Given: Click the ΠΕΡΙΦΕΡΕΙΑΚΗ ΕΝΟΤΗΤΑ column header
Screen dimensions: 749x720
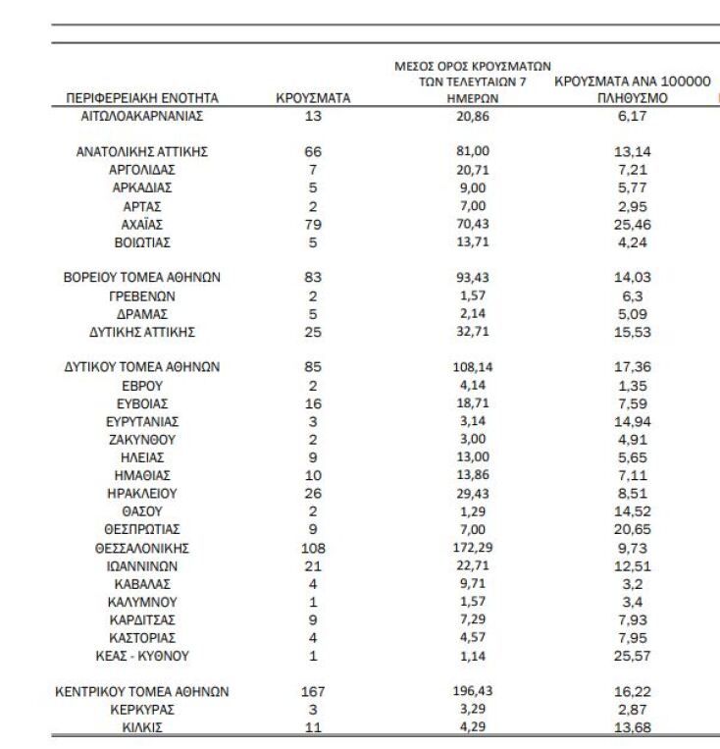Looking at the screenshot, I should coord(142,98).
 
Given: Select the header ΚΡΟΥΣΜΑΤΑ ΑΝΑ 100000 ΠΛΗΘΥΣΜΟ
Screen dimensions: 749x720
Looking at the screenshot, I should coord(632,90).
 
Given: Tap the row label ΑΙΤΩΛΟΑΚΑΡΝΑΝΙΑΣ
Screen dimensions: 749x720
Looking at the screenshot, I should coord(142,116).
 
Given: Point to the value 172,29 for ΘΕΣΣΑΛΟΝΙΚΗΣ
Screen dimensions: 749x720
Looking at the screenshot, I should coord(467,548).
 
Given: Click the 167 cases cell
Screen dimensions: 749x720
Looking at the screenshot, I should coord(313,691).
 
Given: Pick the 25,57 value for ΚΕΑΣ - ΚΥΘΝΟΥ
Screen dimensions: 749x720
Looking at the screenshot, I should coord(632,655).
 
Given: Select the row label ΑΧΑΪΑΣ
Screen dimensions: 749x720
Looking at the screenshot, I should coord(142,224).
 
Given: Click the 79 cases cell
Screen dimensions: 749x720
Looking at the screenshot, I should coord(313,224).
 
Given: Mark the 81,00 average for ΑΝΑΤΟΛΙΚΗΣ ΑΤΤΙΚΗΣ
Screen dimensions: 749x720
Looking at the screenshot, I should coord(467,152).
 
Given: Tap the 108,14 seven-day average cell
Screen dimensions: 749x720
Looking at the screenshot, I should coord(467,367).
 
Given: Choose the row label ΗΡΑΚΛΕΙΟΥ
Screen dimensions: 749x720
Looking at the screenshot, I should coord(142,494).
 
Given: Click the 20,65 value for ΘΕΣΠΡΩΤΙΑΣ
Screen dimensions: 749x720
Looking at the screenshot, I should coord(632,530).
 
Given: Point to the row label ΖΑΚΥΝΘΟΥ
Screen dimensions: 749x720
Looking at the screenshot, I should coord(142,440).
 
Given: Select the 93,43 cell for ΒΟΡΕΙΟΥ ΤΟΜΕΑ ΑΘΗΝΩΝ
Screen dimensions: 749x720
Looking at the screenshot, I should coord(467,278).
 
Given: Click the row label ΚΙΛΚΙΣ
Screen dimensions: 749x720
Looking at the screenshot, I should coord(142,727).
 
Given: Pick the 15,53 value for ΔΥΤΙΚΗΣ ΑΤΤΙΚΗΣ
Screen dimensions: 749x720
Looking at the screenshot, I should coord(632,331).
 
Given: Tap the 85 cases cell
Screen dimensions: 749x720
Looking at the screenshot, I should coord(313,367).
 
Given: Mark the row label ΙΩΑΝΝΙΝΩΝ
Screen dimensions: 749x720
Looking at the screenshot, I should coord(142,565).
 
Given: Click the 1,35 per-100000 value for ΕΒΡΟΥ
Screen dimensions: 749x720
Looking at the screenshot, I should coord(632,386).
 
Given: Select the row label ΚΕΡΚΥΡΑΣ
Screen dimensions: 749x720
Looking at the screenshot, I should coord(142,709).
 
